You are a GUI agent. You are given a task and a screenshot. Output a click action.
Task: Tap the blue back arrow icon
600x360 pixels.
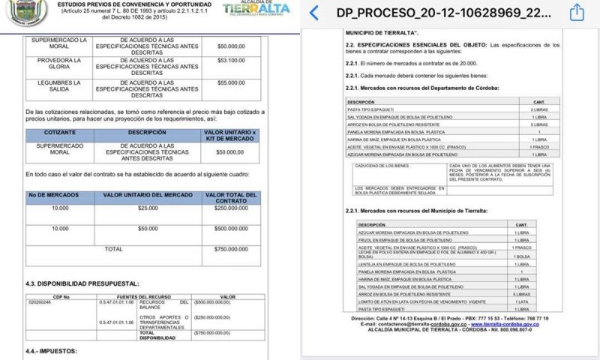point(313,13)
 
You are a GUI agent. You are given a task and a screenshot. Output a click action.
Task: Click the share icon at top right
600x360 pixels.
point(577,13)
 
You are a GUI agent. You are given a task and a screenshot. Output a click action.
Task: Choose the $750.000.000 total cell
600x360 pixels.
point(230,248)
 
